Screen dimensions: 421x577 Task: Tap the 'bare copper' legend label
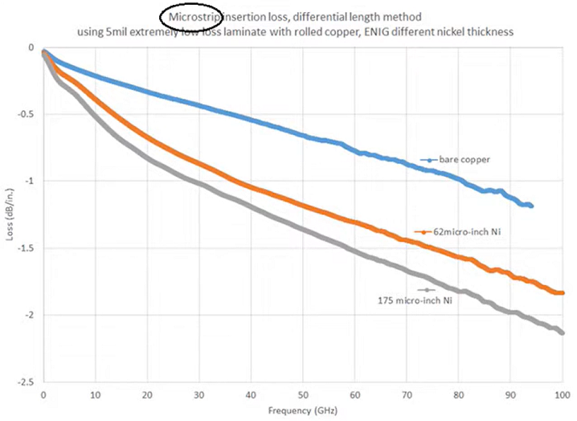point(464,159)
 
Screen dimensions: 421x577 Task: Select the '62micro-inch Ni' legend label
point(456,231)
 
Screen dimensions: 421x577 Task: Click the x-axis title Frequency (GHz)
point(304,410)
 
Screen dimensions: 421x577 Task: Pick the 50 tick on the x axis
point(302,395)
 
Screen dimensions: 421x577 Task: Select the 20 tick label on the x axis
point(147,395)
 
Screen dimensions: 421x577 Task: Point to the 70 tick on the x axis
point(407,395)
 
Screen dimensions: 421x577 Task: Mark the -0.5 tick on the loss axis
point(26,114)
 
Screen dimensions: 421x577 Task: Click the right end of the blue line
point(531,206)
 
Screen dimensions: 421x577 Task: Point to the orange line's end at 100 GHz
point(562,293)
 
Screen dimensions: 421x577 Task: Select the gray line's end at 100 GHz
point(562,333)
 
